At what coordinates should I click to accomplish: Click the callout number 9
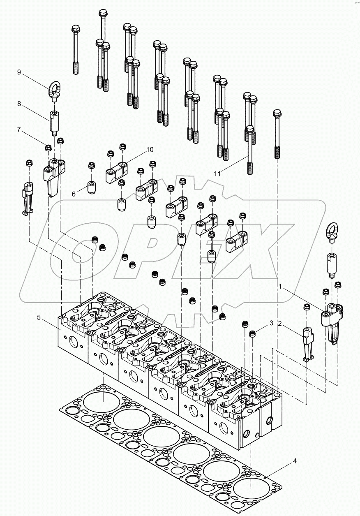(x=19, y=72)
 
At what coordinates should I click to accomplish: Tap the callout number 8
(x=19, y=104)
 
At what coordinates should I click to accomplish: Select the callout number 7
(x=19, y=130)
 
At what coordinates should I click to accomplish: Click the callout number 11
(x=217, y=174)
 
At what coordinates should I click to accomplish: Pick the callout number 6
(x=74, y=194)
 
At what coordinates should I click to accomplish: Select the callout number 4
(x=295, y=461)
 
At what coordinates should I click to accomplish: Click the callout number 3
(x=271, y=324)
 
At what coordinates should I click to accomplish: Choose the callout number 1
(x=281, y=285)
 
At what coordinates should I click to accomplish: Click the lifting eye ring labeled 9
(x=53, y=90)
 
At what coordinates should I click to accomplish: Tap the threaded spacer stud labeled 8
(x=54, y=120)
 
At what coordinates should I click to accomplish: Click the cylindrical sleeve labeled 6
(x=91, y=187)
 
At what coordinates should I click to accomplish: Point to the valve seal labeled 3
(x=254, y=332)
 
